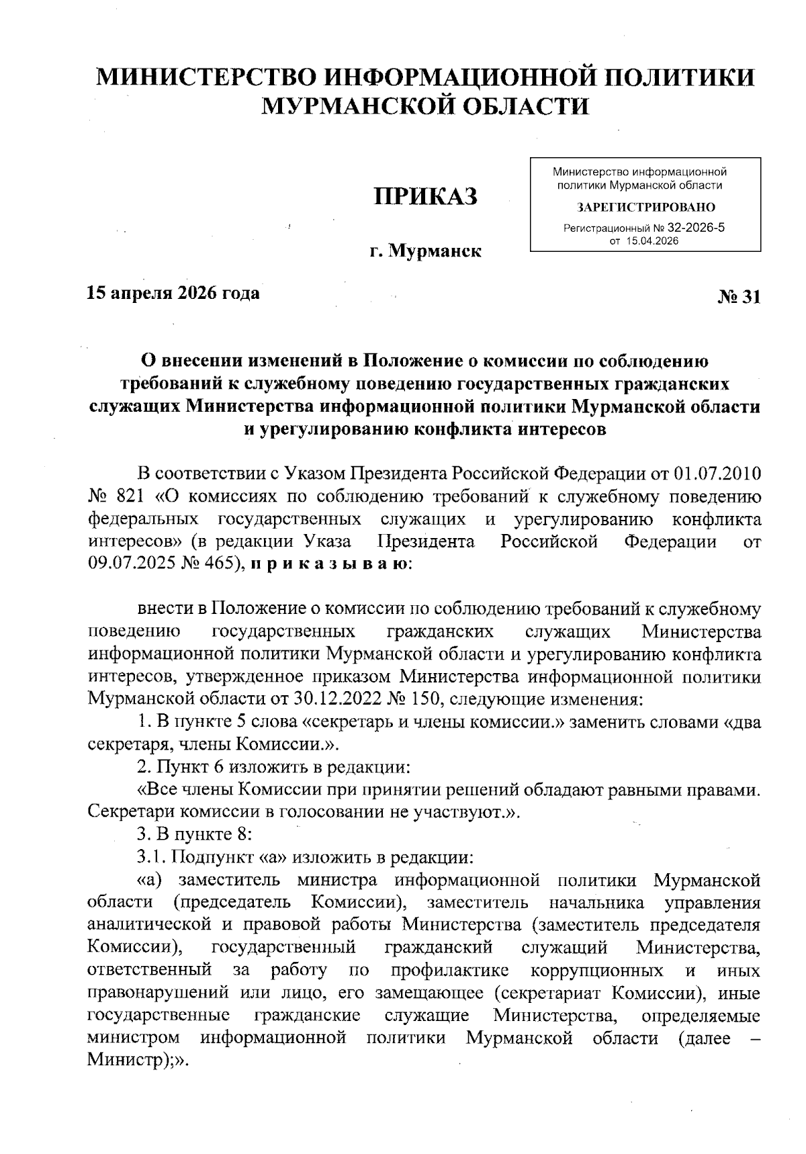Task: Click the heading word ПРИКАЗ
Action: click(x=426, y=196)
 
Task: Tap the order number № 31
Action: click(x=740, y=296)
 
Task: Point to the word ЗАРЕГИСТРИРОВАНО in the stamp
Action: click(x=645, y=207)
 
